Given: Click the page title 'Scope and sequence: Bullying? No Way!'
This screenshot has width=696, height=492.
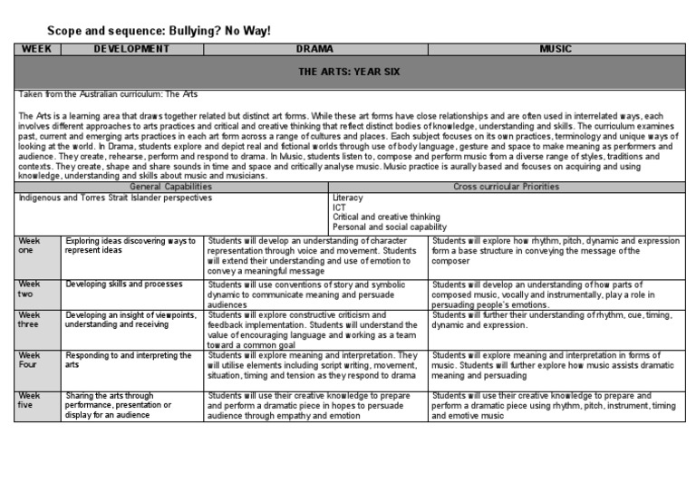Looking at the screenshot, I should tap(159, 31).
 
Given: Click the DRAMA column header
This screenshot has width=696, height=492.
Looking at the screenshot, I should tap(315, 49).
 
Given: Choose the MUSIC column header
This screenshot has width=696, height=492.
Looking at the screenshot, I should tap(555, 49).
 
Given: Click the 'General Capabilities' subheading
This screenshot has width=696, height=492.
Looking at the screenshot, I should tap(172, 186).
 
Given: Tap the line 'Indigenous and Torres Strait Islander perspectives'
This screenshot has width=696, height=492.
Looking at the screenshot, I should tap(115, 197).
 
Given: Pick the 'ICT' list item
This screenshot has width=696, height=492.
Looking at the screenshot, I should tap(340, 207).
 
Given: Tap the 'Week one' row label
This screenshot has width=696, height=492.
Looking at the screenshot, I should tap(31, 246).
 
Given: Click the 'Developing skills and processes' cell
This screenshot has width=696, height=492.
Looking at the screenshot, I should tap(124, 284).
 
